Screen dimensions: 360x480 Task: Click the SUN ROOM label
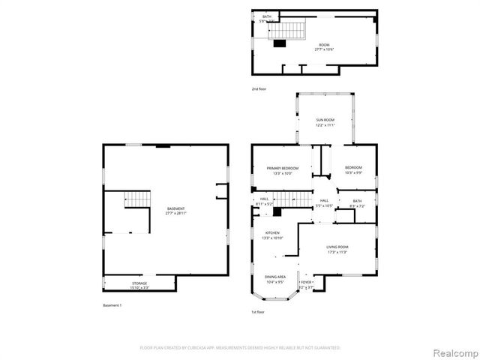325,119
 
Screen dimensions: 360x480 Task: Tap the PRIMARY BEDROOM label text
282,167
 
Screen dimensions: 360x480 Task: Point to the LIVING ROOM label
337,247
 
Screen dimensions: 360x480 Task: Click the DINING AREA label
275,277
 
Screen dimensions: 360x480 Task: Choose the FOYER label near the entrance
306,282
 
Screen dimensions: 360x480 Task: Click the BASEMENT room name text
175,208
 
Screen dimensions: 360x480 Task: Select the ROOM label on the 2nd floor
324,45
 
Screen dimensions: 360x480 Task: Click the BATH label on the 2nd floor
266,16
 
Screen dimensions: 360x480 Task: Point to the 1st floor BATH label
357,200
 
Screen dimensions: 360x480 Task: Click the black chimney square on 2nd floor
280,43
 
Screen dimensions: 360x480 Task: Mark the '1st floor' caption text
259,311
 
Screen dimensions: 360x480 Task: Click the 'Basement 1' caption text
112,305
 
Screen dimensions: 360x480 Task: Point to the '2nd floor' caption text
259,89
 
